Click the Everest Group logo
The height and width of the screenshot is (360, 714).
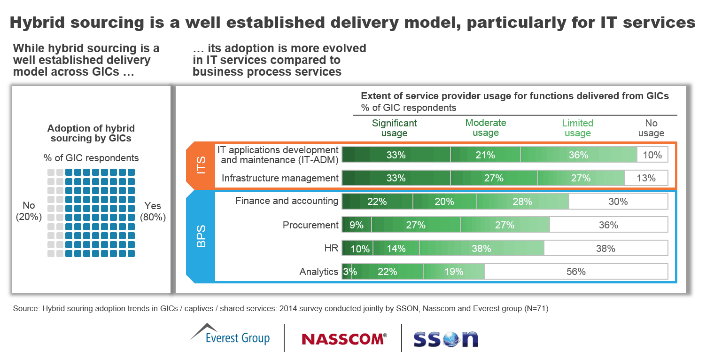230,335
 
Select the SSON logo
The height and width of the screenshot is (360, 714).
445,339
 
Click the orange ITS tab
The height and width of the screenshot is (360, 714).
201,165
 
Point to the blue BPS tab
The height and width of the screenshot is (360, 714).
201,235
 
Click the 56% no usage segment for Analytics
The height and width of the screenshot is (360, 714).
576,272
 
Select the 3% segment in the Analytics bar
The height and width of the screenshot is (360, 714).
347,272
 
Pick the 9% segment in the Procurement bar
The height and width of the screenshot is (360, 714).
357,225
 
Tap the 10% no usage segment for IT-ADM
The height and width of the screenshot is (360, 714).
652,155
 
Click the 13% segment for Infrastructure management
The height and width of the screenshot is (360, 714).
646,178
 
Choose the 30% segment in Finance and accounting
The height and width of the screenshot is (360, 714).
618,202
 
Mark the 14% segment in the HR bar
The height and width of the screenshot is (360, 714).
396,248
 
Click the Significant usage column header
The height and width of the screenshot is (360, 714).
394,128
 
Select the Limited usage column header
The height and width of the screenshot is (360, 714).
577,128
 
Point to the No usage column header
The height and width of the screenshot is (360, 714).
651,128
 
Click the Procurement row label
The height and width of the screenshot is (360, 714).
310,225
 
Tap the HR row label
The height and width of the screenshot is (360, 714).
331,248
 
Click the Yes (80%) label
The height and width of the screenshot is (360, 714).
153,211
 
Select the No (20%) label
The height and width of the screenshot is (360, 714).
29,211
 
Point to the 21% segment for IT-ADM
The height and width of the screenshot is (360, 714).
485,155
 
